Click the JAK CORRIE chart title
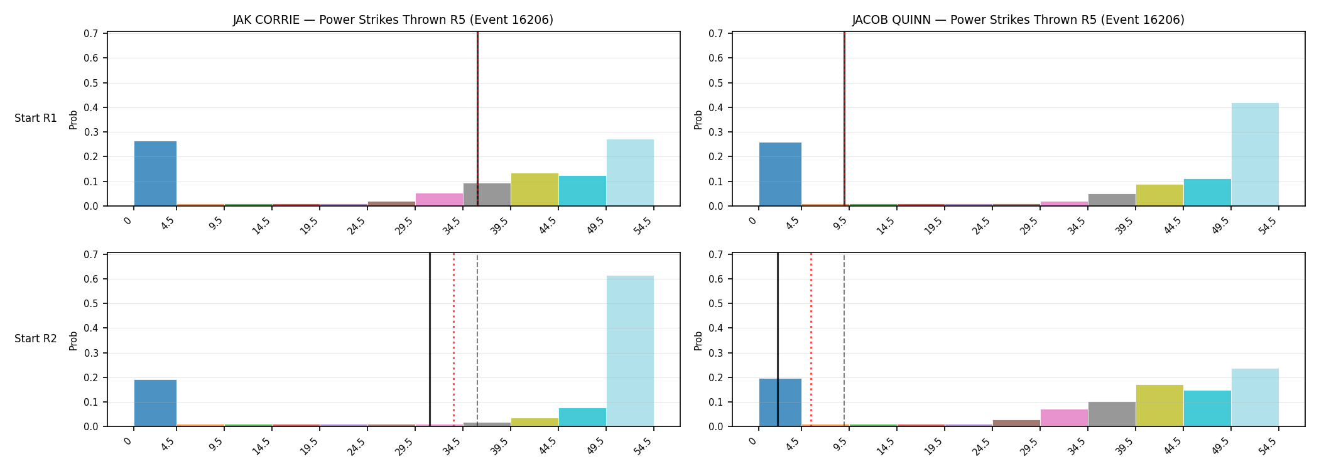coord(393,20)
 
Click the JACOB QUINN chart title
coord(1018,20)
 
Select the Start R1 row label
coord(36,118)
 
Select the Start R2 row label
coord(36,338)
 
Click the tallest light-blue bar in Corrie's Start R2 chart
coord(630,351)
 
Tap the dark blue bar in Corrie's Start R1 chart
coord(155,173)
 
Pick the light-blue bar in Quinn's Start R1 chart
coord(1255,154)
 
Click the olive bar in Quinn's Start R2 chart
coord(1159,406)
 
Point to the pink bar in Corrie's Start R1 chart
coord(439,200)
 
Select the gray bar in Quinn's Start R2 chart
coord(1112,414)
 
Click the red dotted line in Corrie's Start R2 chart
coord(453,340)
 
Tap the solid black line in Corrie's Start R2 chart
coord(430,340)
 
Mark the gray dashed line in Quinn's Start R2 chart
coord(844,340)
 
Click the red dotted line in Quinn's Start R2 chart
coord(811,340)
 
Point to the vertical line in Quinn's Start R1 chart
coord(844,119)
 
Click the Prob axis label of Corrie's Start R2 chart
coord(73,340)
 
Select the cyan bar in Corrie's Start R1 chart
coord(582,191)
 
